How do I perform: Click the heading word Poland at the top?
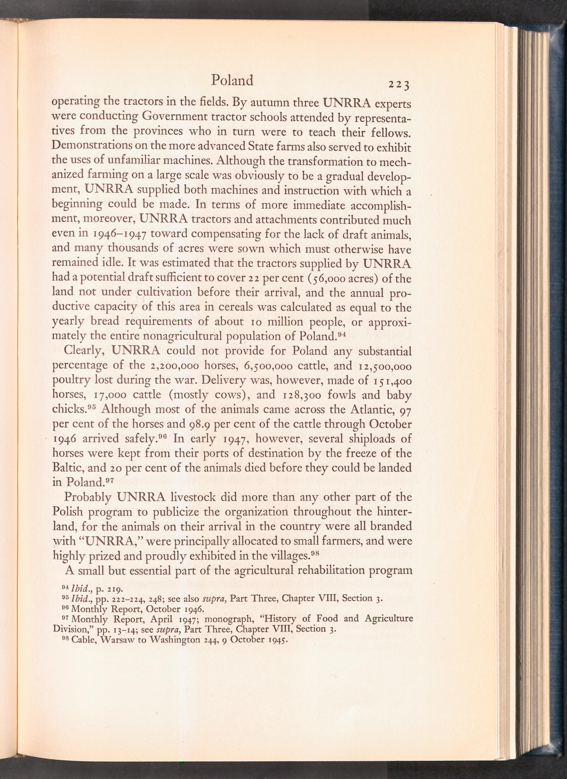(x=232, y=80)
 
